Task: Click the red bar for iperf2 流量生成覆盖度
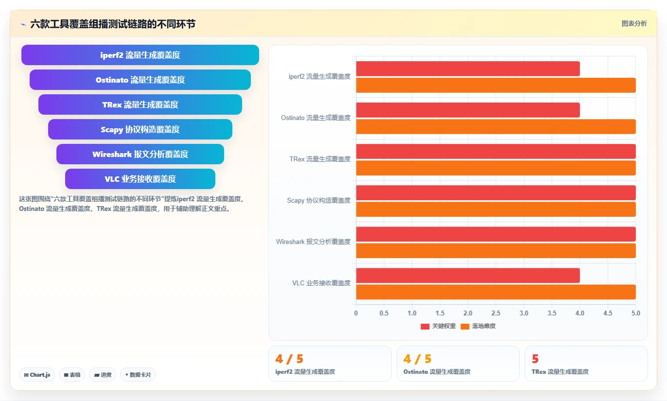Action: (468, 69)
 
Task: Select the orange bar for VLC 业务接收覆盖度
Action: (496, 292)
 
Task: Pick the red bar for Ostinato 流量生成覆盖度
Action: (468, 110)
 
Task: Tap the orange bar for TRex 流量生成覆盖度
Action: (496, 168)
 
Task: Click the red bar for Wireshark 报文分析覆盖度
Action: (496, 234)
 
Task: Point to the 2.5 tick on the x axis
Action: (496, 313)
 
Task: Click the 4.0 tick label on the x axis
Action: (580, 313)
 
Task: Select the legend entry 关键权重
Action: (438, 326)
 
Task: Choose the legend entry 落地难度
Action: (478, 326)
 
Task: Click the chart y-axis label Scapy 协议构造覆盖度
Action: (318, 200)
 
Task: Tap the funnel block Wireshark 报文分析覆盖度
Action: (140, 154)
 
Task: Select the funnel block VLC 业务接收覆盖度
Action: (140, 179)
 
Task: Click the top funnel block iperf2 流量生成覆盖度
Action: (140, 55)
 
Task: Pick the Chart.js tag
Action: (37, 375)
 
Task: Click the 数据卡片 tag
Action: (138, 375)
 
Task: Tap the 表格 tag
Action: (72, 375)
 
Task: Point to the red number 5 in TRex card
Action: (535, 359)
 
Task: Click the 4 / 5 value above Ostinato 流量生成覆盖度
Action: (418, 359)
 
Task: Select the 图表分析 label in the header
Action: (634, 23)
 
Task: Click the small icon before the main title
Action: (23, 24)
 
